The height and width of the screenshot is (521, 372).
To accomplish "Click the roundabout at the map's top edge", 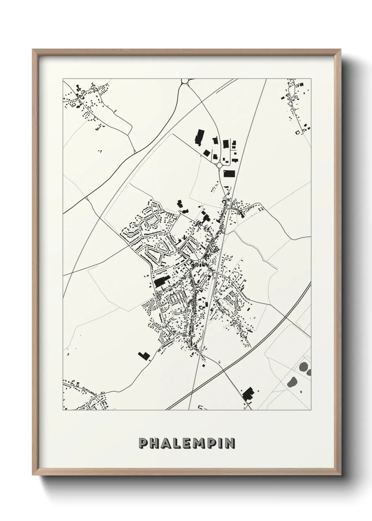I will pyautogui.click(x=185, y=81).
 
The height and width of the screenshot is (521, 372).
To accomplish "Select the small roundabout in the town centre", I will pyautogui.click(x=200, y=261).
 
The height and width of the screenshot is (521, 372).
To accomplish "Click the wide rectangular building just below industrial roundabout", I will pyautogui.click(x=229, y=174).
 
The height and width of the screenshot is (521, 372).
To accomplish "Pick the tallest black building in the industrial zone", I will pyautogui.click(x=200, y=137).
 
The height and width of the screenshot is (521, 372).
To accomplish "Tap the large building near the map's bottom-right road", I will pyautogui.click(x=248, y=394).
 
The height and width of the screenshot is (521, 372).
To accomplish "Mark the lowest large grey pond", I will pyautogui.click(x=291, y=382).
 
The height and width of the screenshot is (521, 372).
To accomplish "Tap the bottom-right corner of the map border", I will pyautogui.click(x=311, y=410).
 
